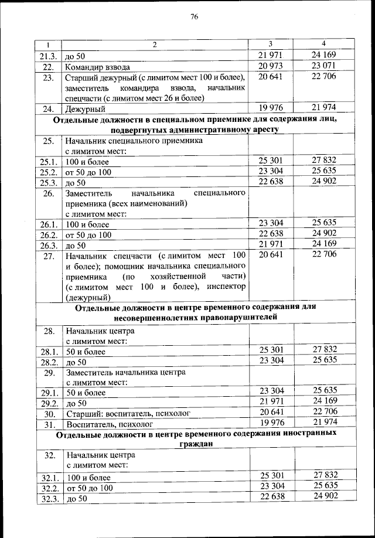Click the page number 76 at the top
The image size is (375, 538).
coord(195,16)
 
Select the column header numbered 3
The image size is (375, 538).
coord(270,45)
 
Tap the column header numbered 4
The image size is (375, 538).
coord(324,45)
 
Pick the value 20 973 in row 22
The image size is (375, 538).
coord(271,65)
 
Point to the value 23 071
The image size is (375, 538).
coord(324,65)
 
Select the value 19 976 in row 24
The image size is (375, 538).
coord(271,107)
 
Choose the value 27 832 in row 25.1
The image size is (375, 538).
coord(324,161)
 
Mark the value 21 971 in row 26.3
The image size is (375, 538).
coord(271,244)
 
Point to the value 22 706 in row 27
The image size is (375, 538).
coord(324,255)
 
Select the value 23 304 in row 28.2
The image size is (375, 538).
coord(271,360)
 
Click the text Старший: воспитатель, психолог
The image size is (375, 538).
coord(128,413)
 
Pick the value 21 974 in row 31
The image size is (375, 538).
coord(324,422)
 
